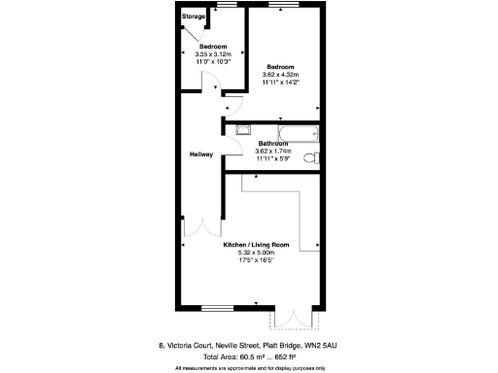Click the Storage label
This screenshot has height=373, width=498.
[194, 17]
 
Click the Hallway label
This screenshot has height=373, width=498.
[201, 154]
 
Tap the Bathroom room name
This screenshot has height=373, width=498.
[273, 144]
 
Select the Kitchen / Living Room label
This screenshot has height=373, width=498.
[257, 245]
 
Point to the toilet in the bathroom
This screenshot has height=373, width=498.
[311, 158]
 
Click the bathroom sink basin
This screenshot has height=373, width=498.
[242, 128]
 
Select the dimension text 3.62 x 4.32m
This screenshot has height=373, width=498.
[280, 75]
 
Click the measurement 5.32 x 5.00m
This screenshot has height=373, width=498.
[257, 253]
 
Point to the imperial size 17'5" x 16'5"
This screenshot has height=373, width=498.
[257, 260]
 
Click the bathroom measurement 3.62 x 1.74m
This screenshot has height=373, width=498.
[273, 151]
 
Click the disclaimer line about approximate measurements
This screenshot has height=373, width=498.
[250, 367]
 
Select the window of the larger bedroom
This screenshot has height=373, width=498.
[284, 6]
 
